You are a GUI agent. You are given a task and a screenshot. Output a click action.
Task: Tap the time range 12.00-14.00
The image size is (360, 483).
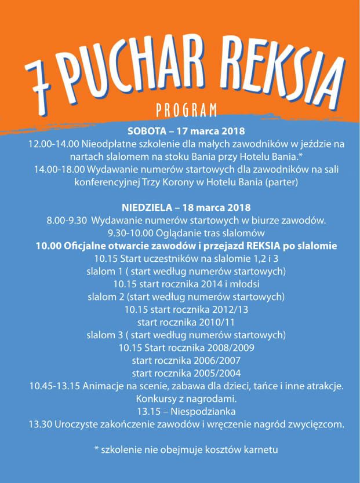click(x=54, y=144)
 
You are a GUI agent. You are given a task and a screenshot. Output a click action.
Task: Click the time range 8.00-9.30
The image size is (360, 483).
click(x=66, y=220)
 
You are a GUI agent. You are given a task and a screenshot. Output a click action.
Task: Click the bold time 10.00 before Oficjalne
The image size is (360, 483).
click(x=48, y=246)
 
